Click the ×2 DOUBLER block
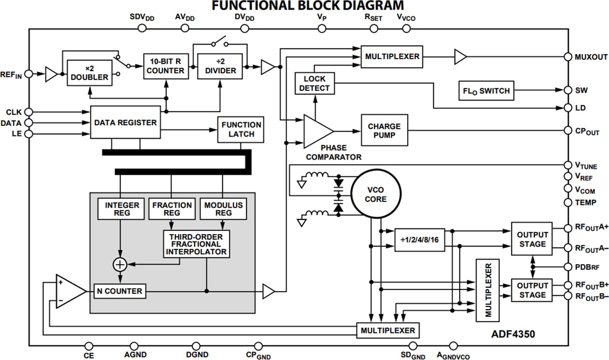(x=89, y=72)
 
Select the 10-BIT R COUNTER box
(x=165, y=66)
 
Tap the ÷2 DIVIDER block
(x=219, y=66)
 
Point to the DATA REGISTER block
(x=125, y=122)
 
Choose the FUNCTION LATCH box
(x=241, y=129)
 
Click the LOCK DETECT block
(x=315, y=84)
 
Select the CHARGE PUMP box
(x=384, y=131)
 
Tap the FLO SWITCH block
(x=486, y=91)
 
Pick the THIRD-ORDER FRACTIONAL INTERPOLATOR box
(x=197, y=244)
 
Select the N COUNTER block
(x=119, y=291)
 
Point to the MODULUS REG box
(x=223, y=209)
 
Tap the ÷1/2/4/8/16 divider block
(x=420, y=239)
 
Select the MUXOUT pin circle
(x=568, y=56)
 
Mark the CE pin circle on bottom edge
(x=89, y=346)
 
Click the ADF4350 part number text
(x=514, y=334)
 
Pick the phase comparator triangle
(x=317, y=131)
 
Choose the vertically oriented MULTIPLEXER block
(x=488, y=290)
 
